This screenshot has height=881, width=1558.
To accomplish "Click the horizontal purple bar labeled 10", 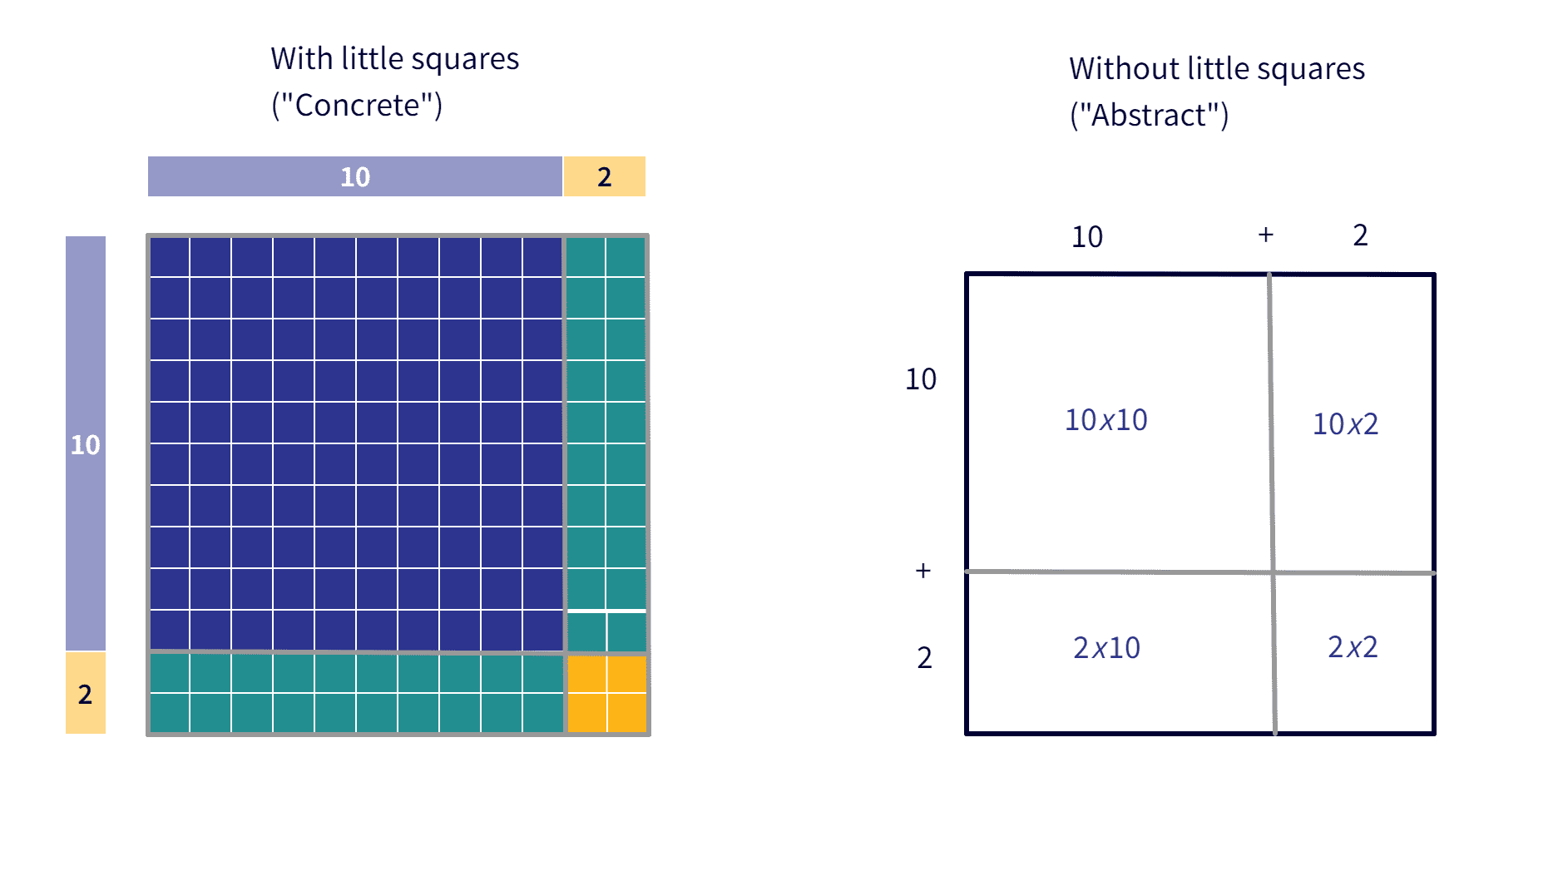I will point(354,176).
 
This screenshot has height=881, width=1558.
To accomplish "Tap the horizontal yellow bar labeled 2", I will point(605,176).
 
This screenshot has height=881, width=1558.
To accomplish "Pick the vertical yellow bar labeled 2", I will point(86,693).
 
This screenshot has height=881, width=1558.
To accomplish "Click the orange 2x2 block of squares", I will point(607,694).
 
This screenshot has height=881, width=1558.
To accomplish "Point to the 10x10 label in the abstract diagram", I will point(1105,420).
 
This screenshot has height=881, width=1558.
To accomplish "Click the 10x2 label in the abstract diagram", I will point(1345,424).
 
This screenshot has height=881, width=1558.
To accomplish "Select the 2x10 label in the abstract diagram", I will point(1106,647).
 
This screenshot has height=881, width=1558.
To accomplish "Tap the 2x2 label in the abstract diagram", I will point(1353,646).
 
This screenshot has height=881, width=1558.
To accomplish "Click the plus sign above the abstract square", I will point(1266,235).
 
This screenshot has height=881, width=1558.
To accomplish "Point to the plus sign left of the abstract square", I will point(922,570).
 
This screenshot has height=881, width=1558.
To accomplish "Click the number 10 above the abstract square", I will point(1087,237).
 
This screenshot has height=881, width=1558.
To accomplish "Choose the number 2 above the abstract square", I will point(1360,235).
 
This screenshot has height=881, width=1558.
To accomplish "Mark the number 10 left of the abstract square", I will point(921,379).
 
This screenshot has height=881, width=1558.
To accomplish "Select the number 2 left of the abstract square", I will point(924,658).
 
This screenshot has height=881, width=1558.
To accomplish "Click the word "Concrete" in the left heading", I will point(357,106).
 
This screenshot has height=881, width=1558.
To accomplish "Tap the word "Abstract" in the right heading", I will point(1149,116).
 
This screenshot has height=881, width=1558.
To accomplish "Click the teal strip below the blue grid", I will point(356,694).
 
